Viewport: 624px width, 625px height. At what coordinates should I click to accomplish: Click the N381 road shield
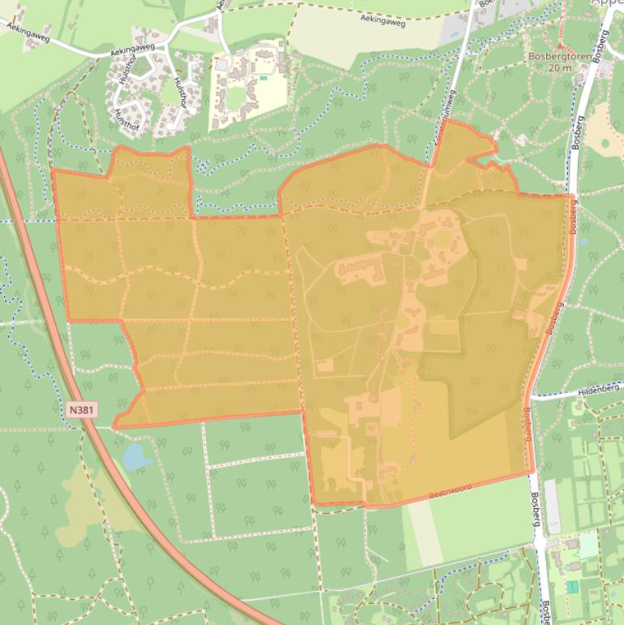[83, 412]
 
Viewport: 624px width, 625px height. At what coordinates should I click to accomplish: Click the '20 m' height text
[560, 68]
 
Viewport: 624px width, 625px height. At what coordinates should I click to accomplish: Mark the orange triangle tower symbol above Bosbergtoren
[559, 45]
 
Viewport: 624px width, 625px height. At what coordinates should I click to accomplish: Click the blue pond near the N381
[136, 458]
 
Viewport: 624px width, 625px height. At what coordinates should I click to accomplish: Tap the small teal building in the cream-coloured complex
[263, 78]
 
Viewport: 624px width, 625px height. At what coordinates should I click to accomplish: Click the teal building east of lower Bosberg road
[573, 586]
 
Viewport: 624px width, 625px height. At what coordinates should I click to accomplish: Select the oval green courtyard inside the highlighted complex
[442, 239]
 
